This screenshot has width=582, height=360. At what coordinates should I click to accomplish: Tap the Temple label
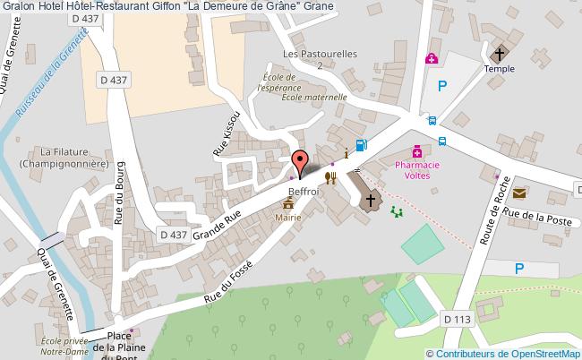coord(500,67)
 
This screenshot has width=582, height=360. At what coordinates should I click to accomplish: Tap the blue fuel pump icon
coord(362,145)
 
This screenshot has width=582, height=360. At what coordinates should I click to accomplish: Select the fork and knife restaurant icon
coord(331,177)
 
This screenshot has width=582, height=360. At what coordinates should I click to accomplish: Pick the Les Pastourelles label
coord(320,54)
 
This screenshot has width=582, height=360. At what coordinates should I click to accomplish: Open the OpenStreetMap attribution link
coord(503,353)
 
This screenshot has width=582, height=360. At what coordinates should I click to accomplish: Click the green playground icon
coord(397,211)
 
